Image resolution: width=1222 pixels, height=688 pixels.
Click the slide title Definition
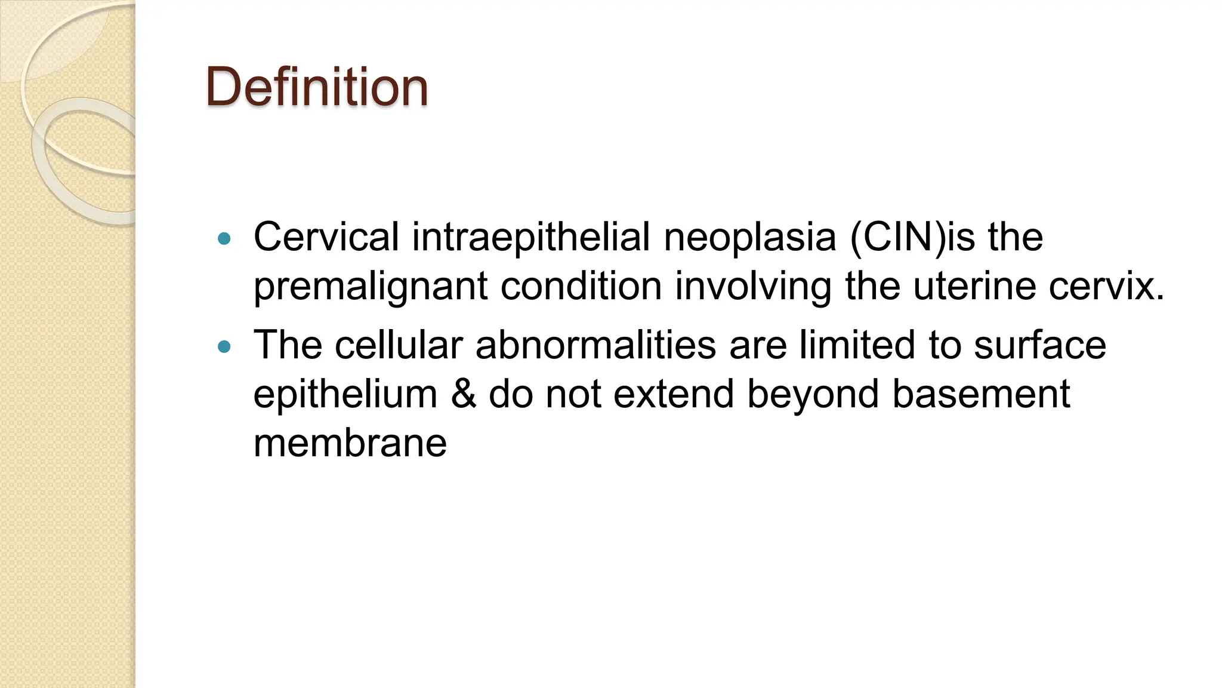pos(316,87)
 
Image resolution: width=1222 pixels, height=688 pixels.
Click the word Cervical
pos(326,237)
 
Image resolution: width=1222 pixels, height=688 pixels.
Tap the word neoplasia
pos(750,237)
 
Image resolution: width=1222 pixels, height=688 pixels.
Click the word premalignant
pos(371,287)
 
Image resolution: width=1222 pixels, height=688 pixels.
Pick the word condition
pos(581,285)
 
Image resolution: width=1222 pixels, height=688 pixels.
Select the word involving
pos(753,287)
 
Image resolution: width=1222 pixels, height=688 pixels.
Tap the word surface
pos(1039,345)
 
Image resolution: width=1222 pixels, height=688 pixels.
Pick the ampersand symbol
pos(463,394)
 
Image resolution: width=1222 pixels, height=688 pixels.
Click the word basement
pos(981,394)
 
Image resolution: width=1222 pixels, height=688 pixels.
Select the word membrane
pos(350,443)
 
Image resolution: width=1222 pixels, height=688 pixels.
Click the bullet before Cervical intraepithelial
pos(224,239)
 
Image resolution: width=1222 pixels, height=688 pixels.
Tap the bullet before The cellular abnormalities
pos(224,346)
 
